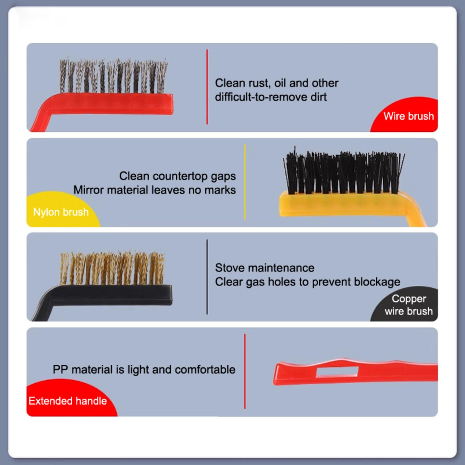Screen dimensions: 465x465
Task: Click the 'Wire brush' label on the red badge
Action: click(408, 116)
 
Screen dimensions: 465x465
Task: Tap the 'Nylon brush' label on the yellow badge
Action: click(61, 212)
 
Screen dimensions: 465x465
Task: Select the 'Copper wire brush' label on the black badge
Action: click(409, 305)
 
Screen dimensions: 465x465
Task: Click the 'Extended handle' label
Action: click(68, 401)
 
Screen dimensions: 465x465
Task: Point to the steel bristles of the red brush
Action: click(114, 76)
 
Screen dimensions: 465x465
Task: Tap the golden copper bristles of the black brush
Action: click(112, 268)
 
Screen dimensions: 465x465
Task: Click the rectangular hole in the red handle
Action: click(337, 372)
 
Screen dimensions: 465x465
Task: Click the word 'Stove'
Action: click(229, 268)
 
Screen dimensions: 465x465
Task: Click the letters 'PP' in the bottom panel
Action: click(60, 370)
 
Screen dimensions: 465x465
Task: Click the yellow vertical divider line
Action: click(245, 182)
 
